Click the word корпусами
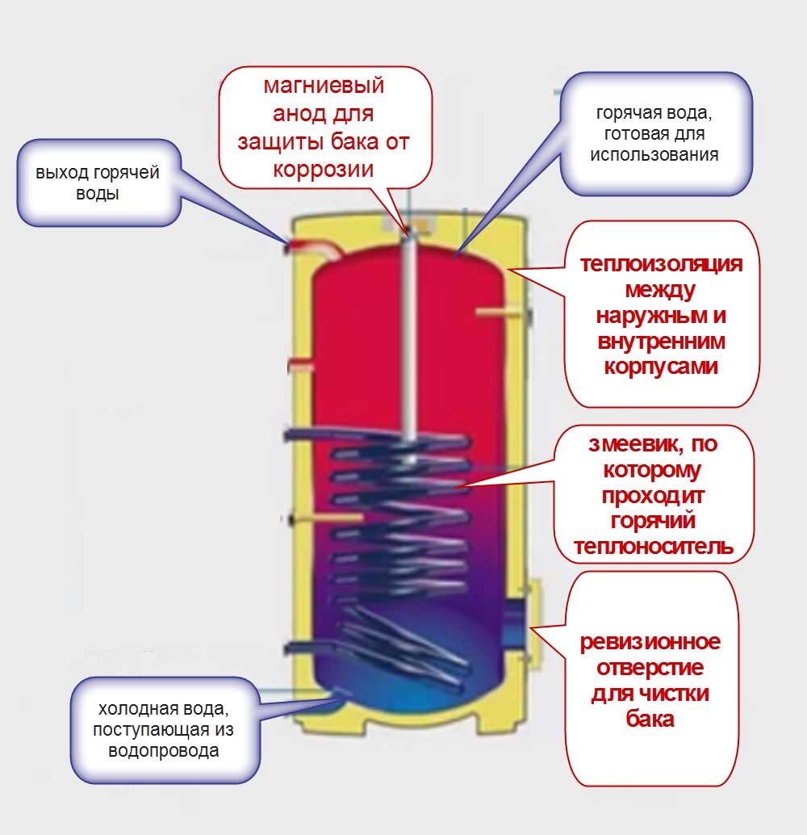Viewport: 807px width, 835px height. coord(660,366)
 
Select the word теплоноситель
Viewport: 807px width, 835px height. coord(653,547)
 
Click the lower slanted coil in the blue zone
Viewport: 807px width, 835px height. coord(403,646)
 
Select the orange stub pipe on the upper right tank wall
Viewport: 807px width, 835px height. coord(494,312)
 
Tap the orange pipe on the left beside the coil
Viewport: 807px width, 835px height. coord(327,517)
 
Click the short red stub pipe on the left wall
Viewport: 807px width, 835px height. coord(300,365)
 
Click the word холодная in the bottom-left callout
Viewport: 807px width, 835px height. coord(132,710)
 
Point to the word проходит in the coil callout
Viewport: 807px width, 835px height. coord(652,494)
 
